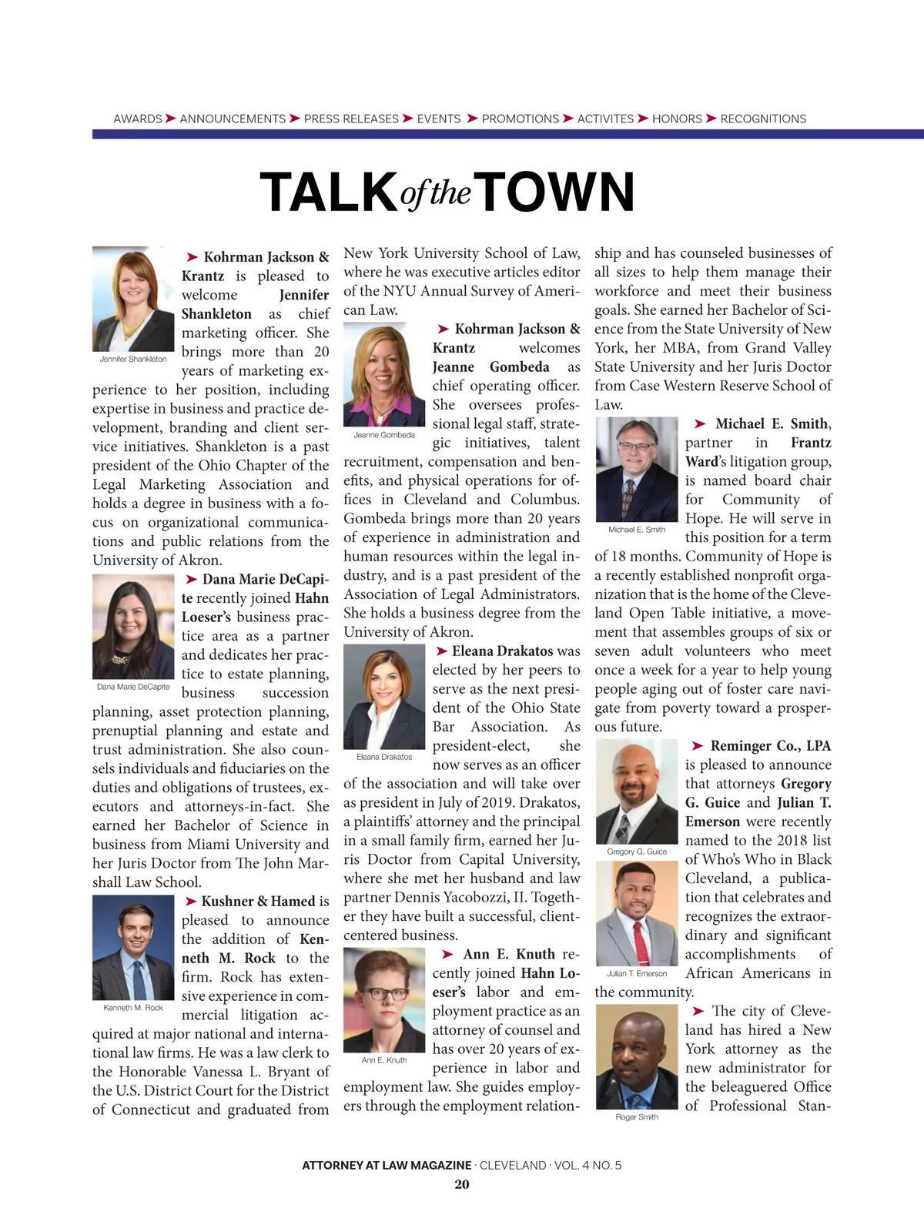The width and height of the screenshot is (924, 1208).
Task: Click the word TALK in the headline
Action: coord(329,192)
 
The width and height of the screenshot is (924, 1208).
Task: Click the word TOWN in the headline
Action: coord(556,192)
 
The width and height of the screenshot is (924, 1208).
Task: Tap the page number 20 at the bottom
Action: coord(461,1184)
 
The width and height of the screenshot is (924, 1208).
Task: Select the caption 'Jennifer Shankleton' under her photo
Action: coord(133,359)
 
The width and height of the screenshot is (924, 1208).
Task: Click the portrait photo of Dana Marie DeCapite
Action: coord(133,627)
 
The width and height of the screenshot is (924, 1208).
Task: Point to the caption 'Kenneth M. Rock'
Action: coord(133,1007)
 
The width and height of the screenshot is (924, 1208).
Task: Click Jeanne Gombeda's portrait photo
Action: coord(384,374)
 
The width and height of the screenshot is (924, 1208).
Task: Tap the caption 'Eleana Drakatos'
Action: coord(384,757)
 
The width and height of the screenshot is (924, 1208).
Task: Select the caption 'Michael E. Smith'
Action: coord(636,530)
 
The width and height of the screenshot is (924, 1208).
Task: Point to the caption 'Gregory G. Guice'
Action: coord(636,852)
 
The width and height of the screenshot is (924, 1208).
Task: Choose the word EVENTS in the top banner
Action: coord(439,119)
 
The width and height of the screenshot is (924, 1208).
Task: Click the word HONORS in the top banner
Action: coord(677,119)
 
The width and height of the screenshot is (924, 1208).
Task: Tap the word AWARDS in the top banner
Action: coord(138,119)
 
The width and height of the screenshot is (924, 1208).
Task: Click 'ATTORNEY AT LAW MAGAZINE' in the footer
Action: coord(387,1165)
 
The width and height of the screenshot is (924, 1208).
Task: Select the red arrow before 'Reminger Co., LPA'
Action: coord(698,746)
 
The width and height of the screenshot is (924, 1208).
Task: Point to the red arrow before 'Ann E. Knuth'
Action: coord(447,955)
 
